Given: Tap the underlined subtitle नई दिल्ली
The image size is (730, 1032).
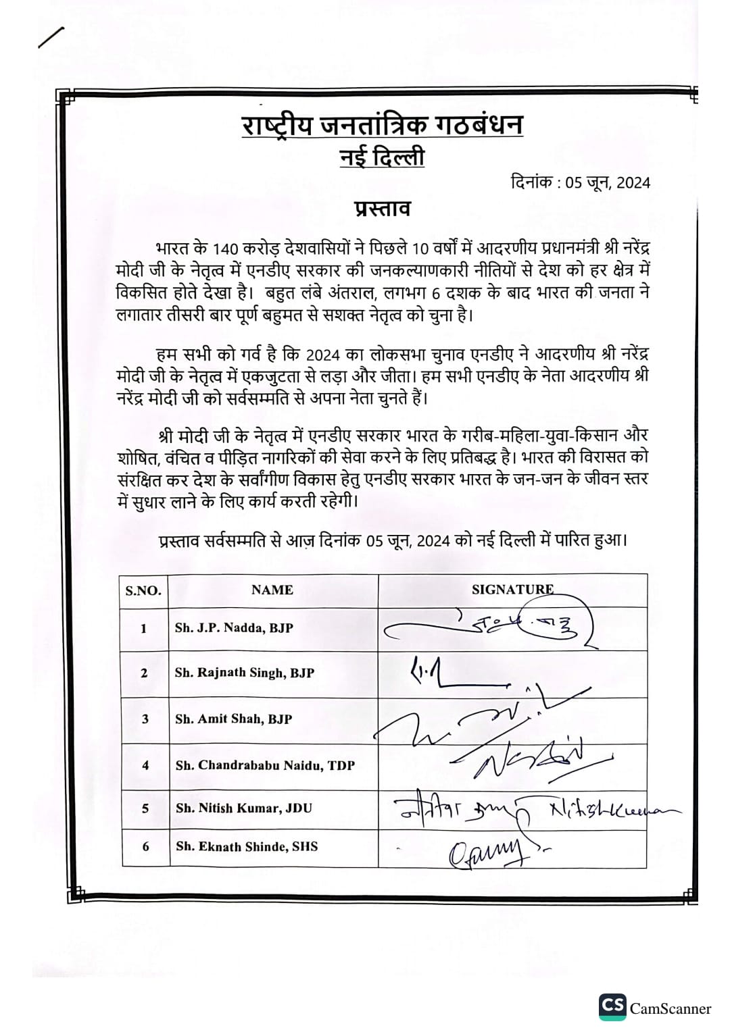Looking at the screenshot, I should [382, 158].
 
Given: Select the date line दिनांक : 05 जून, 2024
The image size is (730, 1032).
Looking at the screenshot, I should [581, 182].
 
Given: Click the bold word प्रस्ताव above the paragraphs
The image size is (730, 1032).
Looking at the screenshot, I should [383, 209].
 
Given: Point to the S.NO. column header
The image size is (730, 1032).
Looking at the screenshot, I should [143, 591].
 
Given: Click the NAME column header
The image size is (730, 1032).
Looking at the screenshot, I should [272, 590].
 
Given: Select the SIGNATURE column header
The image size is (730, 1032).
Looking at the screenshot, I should [512, 590].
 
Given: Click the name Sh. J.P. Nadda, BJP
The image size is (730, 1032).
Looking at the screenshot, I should [234, 627].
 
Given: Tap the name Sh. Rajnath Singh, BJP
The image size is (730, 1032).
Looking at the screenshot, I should [244, 673].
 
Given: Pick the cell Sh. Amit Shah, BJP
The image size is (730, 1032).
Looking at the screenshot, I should [233, 719].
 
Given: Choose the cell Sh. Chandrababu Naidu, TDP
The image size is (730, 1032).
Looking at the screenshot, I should [265, 765].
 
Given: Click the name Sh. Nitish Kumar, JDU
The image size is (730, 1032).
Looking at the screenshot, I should [243, 808].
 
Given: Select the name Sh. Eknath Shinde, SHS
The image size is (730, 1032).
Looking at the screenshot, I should [246, 846].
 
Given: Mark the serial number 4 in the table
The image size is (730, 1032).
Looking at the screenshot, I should [145, 765].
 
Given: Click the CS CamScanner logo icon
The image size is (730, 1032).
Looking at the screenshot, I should [612, 1007].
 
